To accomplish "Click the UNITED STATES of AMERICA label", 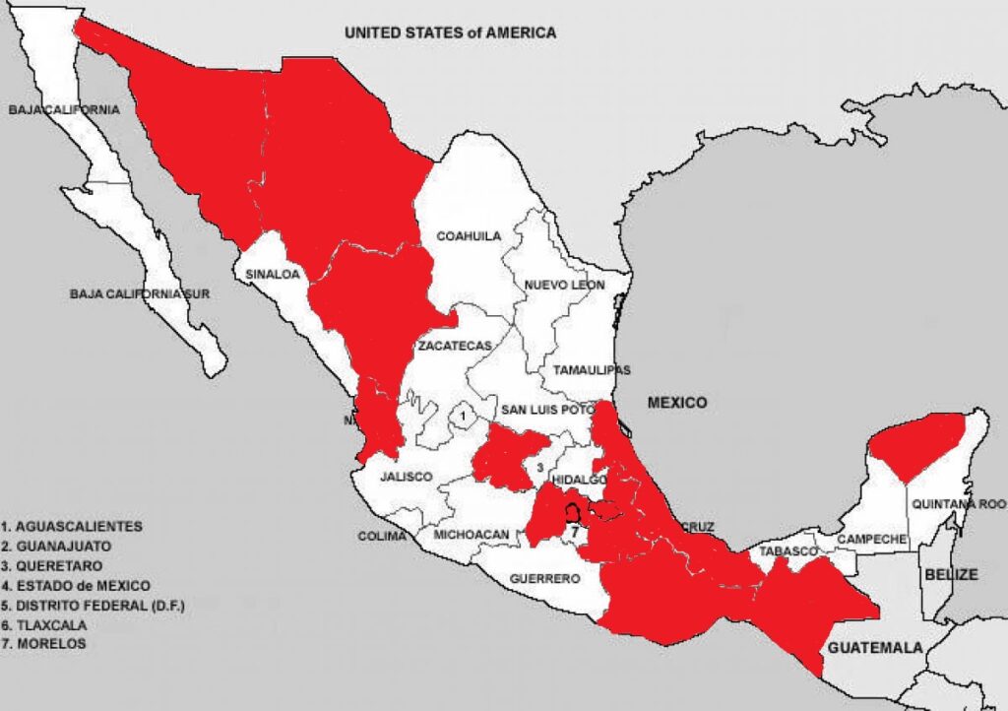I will [x=450, y=32].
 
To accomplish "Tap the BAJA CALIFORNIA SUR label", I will [x=140, y=293].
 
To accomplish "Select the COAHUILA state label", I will [x=469, y=236].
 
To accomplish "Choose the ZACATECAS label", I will [x=454, y=347].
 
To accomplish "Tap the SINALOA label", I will [x=272, y=275].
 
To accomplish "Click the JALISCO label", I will [x=407, y=477].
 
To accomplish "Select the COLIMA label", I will [x=382, y=537].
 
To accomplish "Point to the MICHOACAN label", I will [x=471, y=535].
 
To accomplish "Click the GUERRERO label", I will [x=545, y=579].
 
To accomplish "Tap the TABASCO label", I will [x=787, y=551].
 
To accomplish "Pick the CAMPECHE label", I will [x=871, y=539].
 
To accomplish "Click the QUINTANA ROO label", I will [x=959, y=503].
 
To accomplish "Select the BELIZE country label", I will [x=950, y=574].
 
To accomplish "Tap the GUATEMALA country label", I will [x=875, y=648].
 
